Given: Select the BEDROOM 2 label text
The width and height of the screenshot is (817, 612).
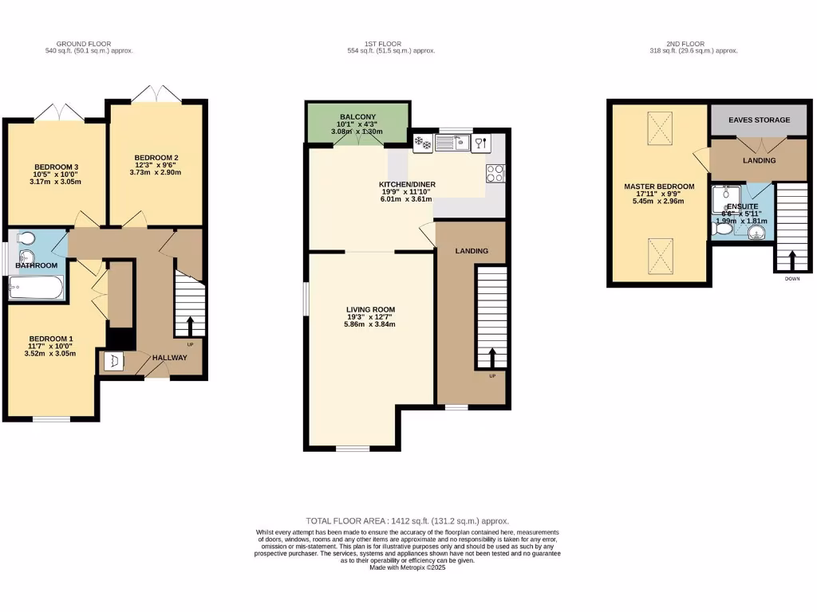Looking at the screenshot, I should [156, 157].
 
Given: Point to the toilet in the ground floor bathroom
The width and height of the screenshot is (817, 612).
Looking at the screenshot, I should [25, 238].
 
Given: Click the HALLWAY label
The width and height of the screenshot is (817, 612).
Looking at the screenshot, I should [170, 358].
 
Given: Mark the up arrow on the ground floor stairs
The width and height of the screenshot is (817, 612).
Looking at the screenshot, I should [190, 325].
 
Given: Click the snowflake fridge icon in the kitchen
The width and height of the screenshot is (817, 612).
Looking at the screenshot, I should [423, 143].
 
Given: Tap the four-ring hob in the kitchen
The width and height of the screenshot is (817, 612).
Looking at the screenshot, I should [495, 173].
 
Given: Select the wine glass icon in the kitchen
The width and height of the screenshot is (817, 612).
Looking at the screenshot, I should [480, 143].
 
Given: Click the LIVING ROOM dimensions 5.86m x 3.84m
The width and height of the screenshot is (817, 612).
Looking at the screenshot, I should [370, 324].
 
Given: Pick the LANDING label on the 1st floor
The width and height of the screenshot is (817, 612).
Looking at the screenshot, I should [471, 251].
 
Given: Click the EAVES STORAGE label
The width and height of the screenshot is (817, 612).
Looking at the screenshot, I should [760, 120].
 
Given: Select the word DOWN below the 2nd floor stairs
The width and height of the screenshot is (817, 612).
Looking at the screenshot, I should [792, 279].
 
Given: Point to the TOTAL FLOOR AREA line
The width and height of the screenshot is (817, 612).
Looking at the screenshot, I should [408, 520].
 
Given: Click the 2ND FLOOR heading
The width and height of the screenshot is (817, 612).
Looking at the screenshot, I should [693, 44].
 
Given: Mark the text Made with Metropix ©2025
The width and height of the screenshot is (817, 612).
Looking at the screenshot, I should [408, 567].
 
